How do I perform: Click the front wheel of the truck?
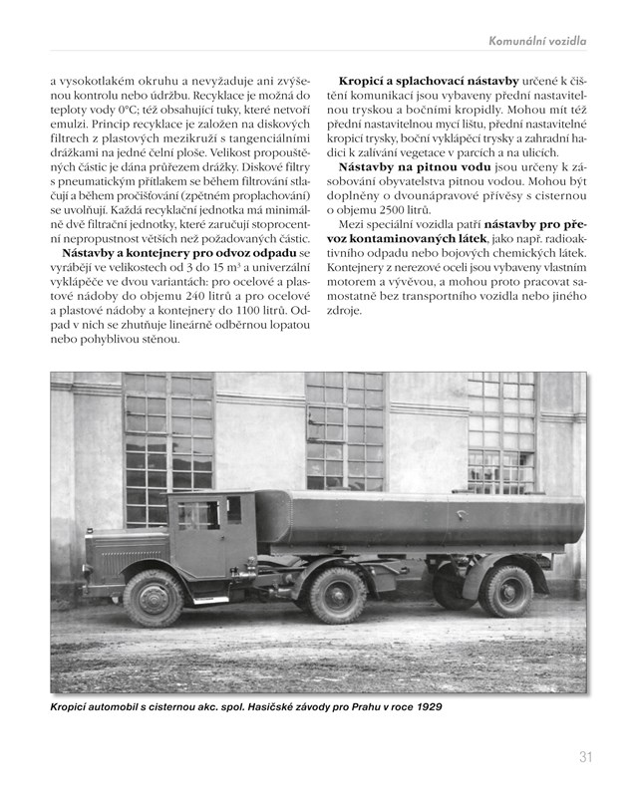154,597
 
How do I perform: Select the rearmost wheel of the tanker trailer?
506,590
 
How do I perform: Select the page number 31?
586,757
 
